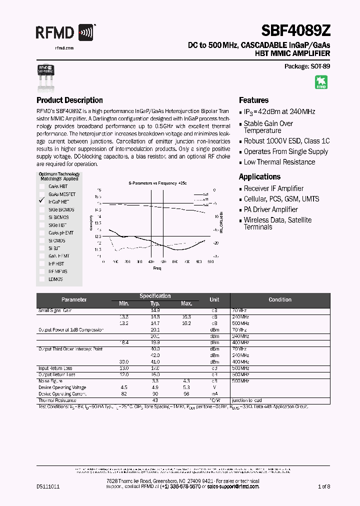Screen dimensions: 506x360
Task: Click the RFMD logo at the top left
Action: [64, 33]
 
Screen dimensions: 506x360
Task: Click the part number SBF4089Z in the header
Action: [294, 32]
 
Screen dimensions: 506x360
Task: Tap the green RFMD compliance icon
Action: [321, 82]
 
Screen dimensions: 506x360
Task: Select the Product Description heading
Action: [69, 100]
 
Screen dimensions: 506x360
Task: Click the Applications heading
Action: [259, 176]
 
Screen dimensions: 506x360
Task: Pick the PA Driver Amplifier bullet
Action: [270, 209]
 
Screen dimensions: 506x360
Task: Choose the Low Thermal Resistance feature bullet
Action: [279, 162]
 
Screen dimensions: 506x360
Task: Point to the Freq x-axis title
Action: [157, 268]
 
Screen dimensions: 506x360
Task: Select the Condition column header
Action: [279, 299]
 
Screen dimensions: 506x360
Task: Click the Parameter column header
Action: [74, 299]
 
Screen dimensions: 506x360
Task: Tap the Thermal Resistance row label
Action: [57, 400]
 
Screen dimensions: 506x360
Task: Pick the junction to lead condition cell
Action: [246, 400]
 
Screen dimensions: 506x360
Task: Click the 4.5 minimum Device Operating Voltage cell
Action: [123, 387]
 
